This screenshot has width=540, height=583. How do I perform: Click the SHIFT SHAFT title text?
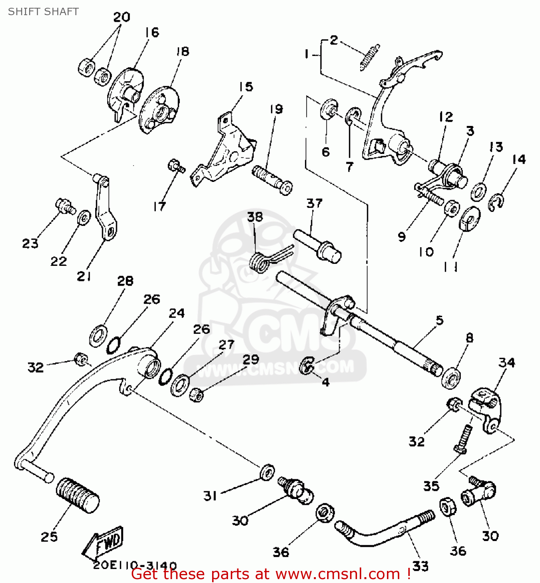point(43,12)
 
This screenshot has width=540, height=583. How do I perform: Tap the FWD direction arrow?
point(103,543)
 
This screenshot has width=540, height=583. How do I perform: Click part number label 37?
point(314,203)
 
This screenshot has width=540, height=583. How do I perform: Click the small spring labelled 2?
point(369,57)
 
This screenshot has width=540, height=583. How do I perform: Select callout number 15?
point(246,87)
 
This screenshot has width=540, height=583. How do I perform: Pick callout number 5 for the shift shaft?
point(439,320)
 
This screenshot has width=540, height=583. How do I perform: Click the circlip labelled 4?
point(307,365)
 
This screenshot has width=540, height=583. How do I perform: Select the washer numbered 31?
point(267,471)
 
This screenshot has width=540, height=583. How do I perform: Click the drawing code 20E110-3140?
point(135,566)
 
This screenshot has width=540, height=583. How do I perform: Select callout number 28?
point(125,281)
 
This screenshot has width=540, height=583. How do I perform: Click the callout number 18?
point(183,52)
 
